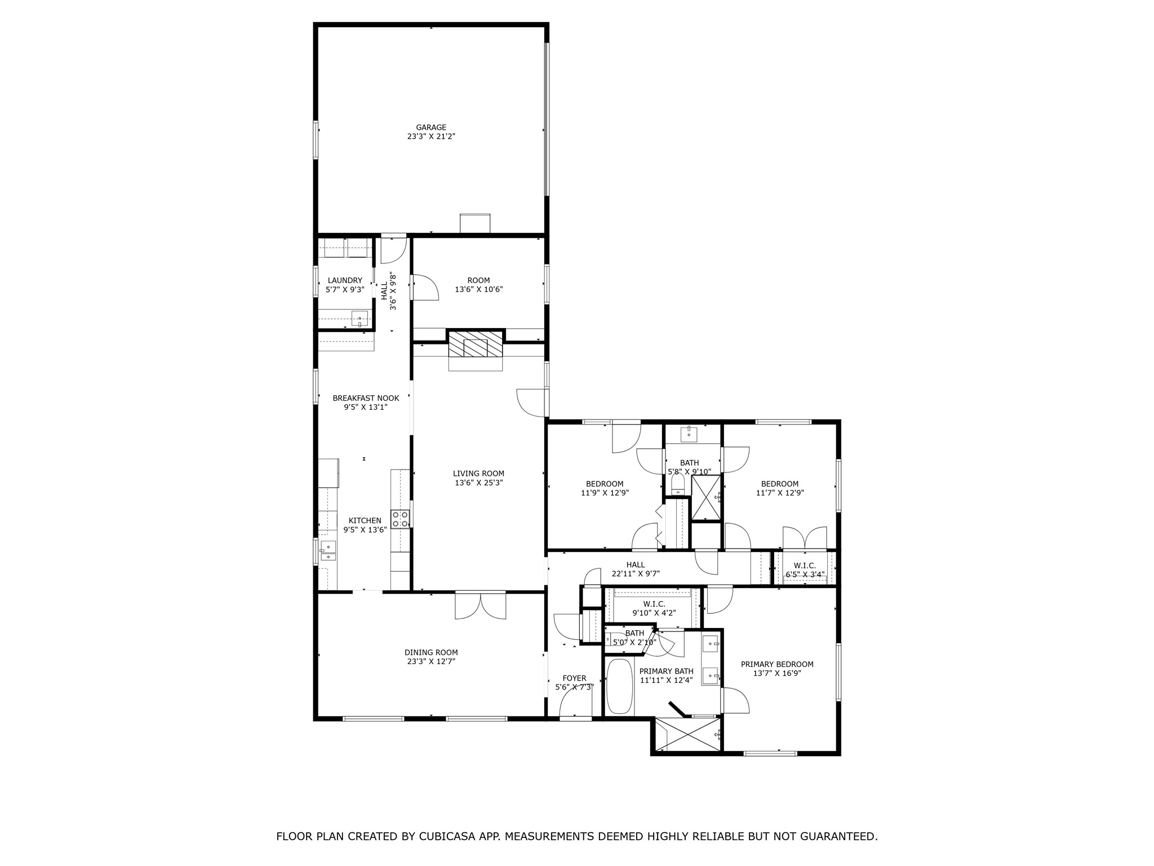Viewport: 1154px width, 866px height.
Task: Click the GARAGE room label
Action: click(x=431, y=127)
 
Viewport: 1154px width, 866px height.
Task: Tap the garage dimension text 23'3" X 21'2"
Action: click(x=431, y=136)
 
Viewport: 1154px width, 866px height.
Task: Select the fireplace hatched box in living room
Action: click(x=475, y=344)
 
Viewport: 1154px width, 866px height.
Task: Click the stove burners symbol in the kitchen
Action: click(x=400, y=519)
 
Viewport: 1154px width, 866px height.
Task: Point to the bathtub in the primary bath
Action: click(x=619, y=687)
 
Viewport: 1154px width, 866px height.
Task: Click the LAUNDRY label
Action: click(x=345, y=281)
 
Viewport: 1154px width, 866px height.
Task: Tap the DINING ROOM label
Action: click(x=431, y=652)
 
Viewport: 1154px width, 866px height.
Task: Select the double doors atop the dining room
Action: click(x=481, y=606)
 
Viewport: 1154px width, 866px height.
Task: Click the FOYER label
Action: click(x=574, y=678)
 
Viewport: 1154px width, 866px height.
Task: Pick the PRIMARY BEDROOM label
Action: click(x=777, y=664)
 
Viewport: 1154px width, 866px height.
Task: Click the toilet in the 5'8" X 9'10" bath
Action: click(x=678, y=483)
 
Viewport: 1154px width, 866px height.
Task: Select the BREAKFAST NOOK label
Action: click(x=366, y=398)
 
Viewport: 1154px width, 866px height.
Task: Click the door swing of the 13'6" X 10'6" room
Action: click(x=425, y=288)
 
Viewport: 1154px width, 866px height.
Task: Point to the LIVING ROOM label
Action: click(x=478, y=474)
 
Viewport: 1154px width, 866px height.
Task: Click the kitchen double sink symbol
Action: click(x=328, y=551)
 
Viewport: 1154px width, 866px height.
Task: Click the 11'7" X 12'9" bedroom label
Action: click(x=780, y=484)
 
